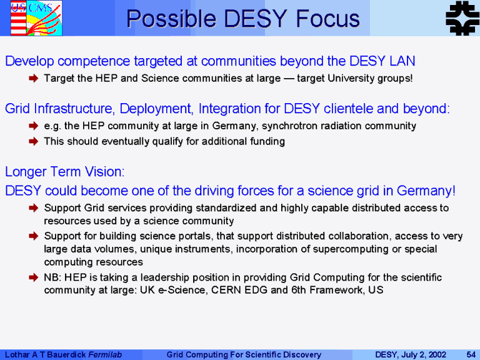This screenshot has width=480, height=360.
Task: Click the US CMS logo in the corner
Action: (x=36, y=18)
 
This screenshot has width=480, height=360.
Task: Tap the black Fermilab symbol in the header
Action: (x=462, y=18)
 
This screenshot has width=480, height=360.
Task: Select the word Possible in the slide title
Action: (x=171, y=19)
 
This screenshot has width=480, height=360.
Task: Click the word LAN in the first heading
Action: (x=402, y=61)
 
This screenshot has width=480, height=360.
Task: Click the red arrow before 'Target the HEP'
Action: (x=33, y=78)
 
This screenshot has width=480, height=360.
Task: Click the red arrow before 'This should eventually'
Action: (x=33, y=141)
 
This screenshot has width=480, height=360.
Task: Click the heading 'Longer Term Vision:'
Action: (x=65, y=172)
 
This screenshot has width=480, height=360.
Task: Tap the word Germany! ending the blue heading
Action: (x=426, y=191)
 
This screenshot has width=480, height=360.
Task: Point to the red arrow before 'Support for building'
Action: (x=33, y=236)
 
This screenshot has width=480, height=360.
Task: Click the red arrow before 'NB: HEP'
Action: (x=33, y=277)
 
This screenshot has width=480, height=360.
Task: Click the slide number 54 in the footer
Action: (x=471, y=354)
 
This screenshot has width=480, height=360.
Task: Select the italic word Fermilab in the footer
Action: (x=105, y=354)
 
